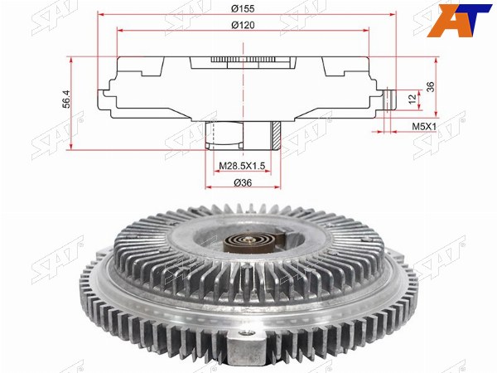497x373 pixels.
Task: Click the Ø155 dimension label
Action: coord(243,8)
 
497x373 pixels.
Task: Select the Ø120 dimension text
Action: coord(243,25)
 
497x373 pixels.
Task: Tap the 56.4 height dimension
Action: coord(67,99)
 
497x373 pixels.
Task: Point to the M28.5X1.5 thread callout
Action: coord(242,166)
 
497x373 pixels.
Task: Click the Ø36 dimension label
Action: coord(243,182)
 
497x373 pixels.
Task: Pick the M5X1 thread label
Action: coord(424,126)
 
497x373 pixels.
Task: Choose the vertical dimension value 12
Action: coord(412,99)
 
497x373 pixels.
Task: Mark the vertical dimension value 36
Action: coord(430,87)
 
